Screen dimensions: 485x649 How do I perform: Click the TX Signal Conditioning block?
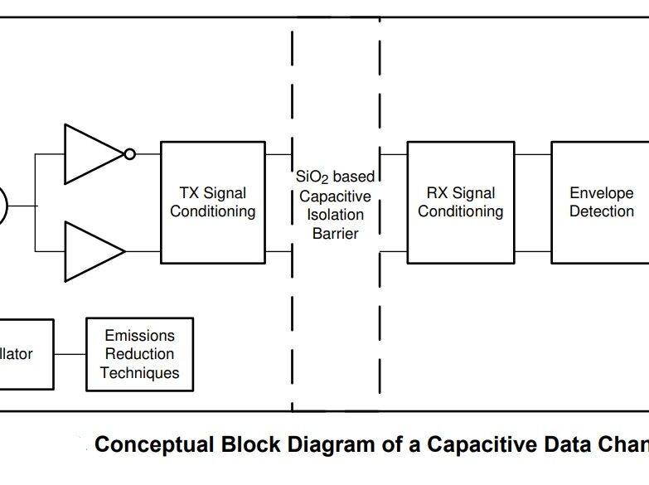click(212, 201)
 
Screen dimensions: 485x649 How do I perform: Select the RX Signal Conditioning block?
click(460, 201)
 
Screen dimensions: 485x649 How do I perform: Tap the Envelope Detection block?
click(600, 201)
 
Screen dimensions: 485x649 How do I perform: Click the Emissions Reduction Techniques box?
click(139, 354)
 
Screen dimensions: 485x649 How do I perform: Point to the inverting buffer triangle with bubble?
click(91, 153)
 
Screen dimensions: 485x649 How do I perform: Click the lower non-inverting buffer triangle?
click(91, 251)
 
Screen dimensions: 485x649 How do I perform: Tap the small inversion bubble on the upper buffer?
click(128, 153)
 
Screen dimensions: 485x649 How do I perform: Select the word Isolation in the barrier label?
click(336, 215)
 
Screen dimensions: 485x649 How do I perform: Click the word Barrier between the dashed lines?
click(336, 233)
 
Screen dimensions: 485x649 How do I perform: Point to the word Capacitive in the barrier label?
click(336, 196)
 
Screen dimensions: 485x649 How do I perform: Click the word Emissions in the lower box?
click(139, 336)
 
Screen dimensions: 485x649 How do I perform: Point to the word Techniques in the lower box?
click(139, 373)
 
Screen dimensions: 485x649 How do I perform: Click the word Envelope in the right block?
click(601, 193)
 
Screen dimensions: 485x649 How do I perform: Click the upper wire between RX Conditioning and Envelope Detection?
click(532, 154)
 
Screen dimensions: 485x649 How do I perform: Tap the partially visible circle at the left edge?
click(2, 205)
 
